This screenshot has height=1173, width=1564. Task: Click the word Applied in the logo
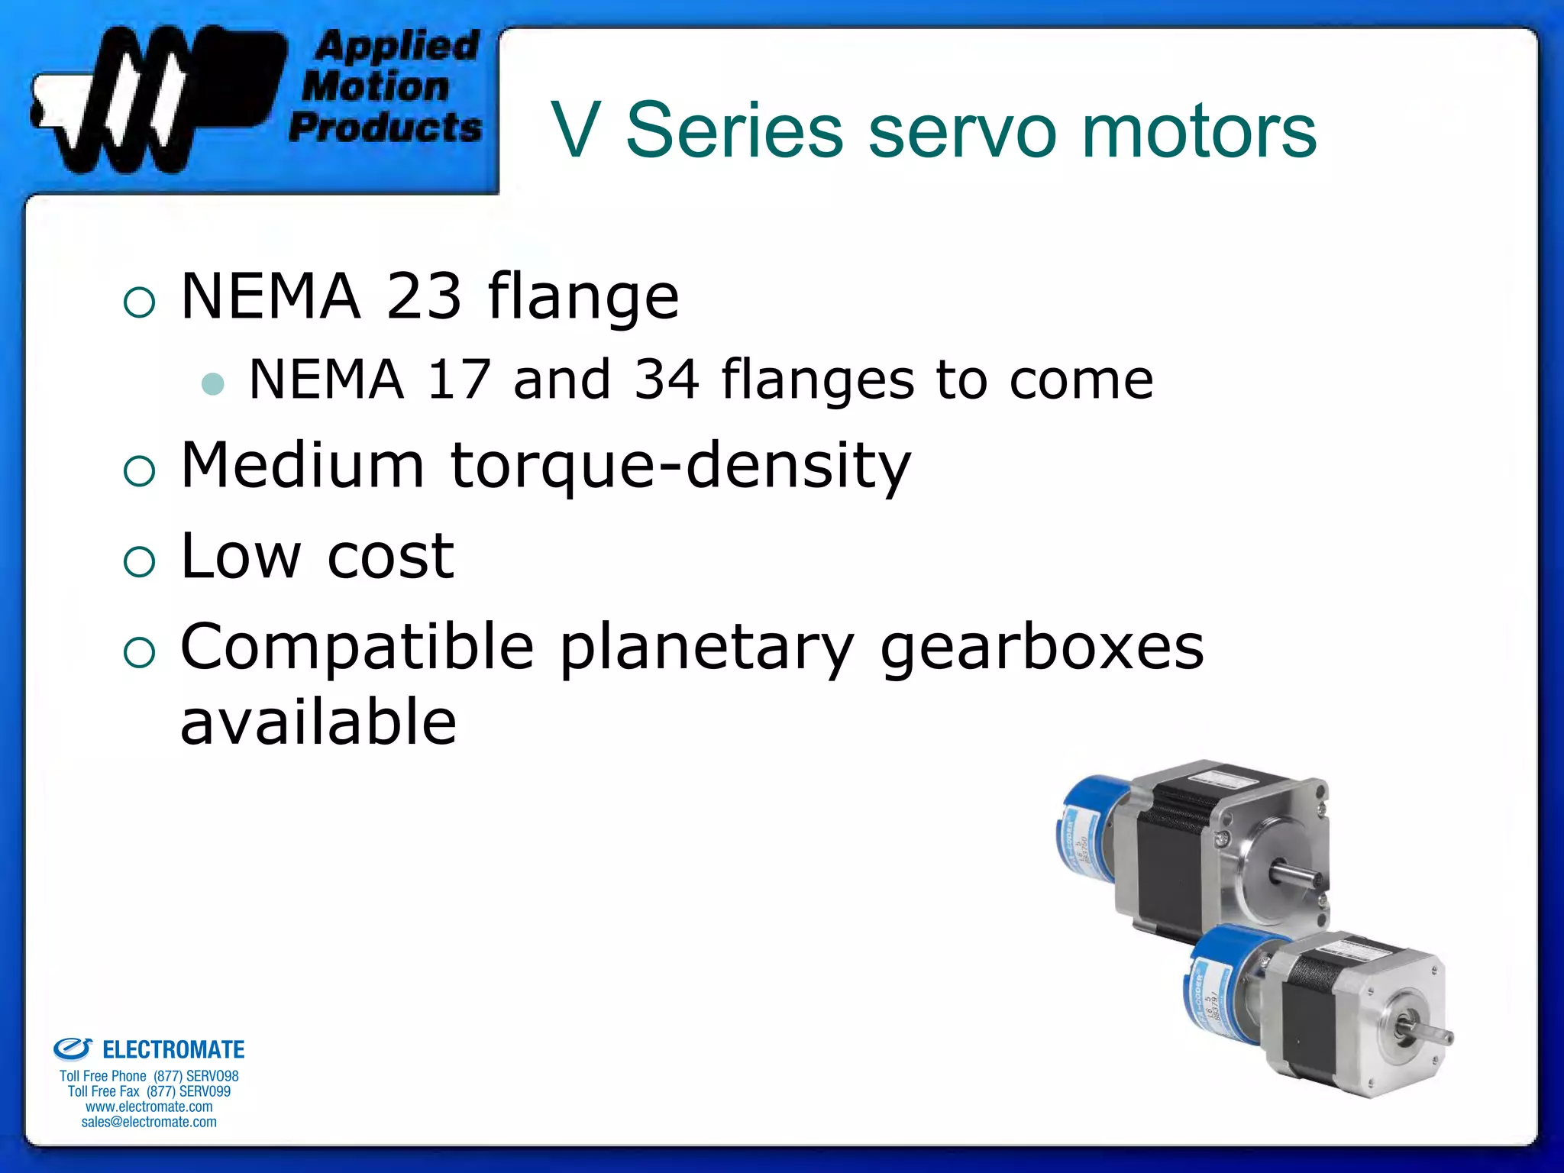pyautogui.click(x=396, y=47)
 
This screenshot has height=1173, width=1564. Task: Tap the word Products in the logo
pyautogui.click(x=386, y=128)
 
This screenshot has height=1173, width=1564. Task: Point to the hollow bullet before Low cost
pyautogui.click(x=139, y=563)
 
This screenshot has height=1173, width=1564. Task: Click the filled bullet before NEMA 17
pyautogui.click(x=213, y=383)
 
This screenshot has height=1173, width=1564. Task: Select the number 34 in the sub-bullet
pyautogui.click(x=667, y=380)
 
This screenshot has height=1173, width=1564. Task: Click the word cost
pyautogui.click(x=391, y=556)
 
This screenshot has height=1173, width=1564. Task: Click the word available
pyautogui.click(x=318, y=722)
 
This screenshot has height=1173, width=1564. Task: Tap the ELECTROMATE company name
pyautogui.click(x=173, y=1050)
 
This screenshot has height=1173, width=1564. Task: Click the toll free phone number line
pyautogui.click(x=149, y=1076)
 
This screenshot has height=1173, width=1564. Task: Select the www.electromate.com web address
pyautogui.click(x=149, y=1107)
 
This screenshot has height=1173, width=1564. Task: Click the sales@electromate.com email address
pyautogui.click(x=149, y=1122)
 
